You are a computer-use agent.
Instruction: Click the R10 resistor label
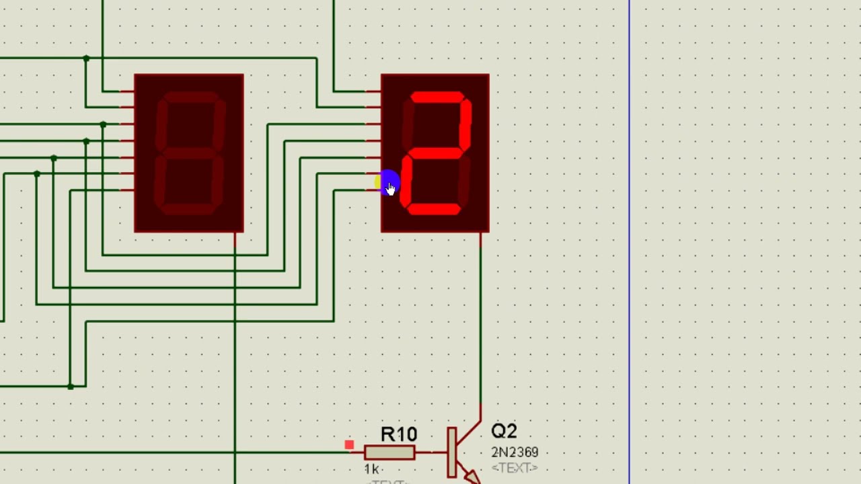click(x=399, y=434)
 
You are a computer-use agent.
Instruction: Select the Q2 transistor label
click(x=504, y=431)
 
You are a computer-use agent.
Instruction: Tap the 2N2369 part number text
click(x=515, y=452)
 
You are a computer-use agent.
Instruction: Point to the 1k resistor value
click(x=371, y=469)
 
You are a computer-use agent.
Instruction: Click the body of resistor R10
click(x=389, y=452)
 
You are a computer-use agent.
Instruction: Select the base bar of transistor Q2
click(x=451, y=452)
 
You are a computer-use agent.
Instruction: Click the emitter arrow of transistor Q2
click(x=472, y=477)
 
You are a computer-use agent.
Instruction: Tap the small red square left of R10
click(x=349, y=445)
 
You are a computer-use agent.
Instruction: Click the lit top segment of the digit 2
click(x=438, y=97)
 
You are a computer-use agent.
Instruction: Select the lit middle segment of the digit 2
click(x=433, y=154)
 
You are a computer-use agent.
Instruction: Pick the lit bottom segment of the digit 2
click(x=434, y=210)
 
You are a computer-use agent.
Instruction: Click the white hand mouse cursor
click(x=391, y=190)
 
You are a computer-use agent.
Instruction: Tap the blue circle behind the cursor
click(x=388, y=182)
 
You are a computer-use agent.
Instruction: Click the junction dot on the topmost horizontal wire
click(x=86, y=58)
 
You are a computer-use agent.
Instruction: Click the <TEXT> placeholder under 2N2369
click(x=515, y=468)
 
